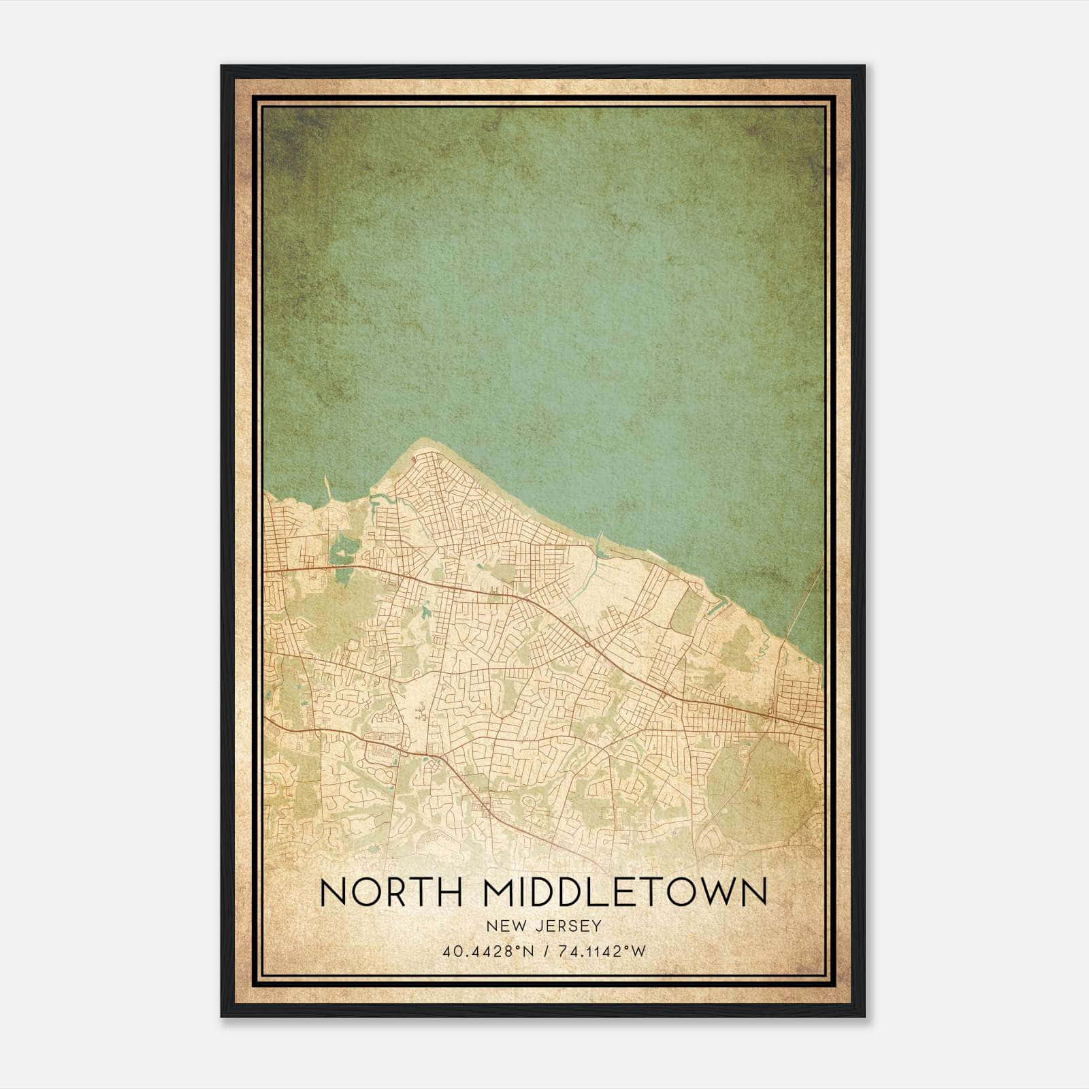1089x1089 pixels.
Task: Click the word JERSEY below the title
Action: click(x=568, y=926)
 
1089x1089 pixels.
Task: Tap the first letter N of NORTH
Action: click(x=331, y=892)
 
